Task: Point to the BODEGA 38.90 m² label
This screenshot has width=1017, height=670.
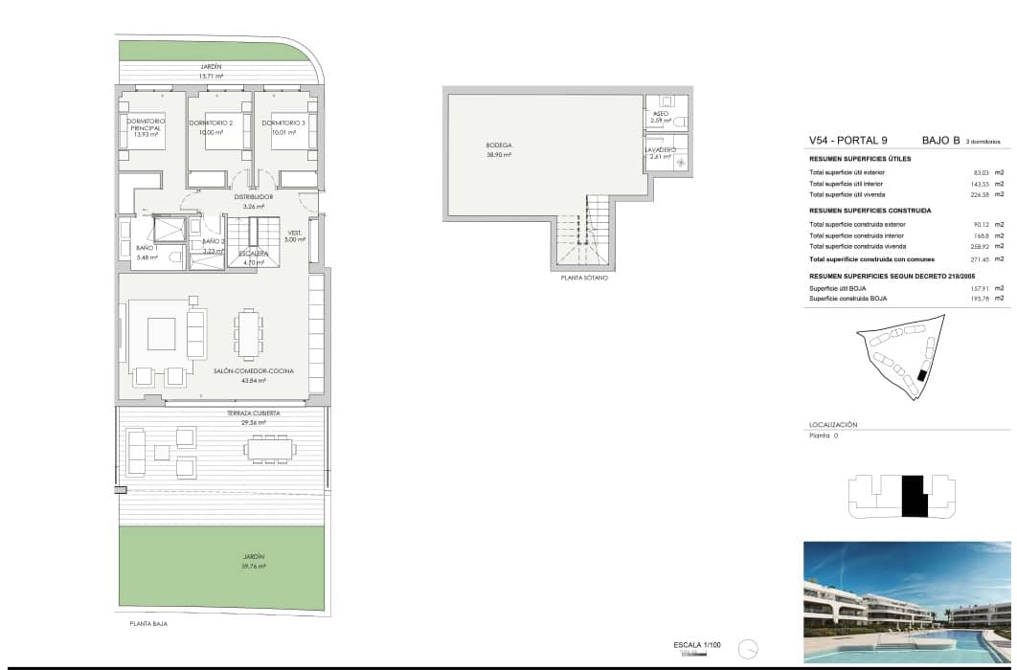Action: click(498, 149)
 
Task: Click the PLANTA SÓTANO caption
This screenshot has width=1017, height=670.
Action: click(584, 278)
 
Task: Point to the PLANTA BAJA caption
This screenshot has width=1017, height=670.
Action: click(149, 623)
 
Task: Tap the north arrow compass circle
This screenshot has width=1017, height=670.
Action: click(749, 648)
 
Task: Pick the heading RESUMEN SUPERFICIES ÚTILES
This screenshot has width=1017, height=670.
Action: click(860, 159)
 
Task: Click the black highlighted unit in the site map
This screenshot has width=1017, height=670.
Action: click(922, 376)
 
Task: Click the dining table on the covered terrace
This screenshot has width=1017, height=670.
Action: click(269, 448)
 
